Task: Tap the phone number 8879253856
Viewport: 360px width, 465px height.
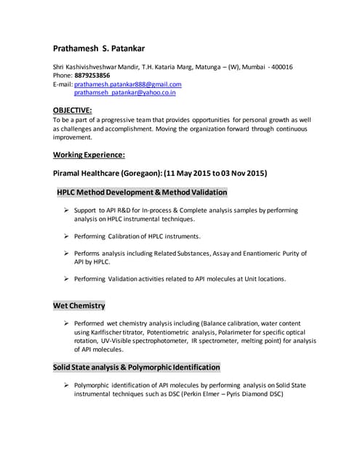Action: point(92,76)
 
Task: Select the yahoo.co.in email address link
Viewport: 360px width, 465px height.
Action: point(124,93)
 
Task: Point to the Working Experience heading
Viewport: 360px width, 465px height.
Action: point(89,154)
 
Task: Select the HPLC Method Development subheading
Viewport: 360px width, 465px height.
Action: point(142,193)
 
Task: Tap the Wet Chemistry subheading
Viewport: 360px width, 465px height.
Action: point(79,306)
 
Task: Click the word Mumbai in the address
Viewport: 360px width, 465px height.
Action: point(250,67)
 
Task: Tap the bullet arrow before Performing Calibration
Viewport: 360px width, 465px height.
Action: point(66,236)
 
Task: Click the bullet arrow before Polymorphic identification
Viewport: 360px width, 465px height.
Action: point(66,385)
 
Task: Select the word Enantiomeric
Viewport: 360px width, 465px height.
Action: point(257,254)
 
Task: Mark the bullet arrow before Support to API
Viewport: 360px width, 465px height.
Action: point(66,210)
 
